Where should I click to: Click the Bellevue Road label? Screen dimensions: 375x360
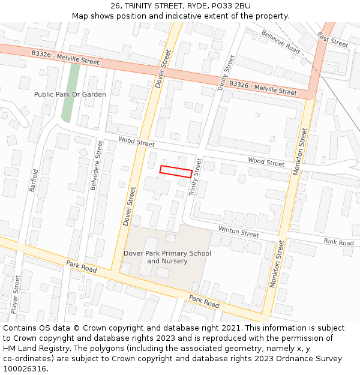point(280,42)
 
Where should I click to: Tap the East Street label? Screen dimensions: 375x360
point(333,40)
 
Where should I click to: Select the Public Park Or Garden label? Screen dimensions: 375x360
point(70,94)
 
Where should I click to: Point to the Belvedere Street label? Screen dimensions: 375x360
point(97,165)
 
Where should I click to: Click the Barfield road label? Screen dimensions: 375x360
point(34,180)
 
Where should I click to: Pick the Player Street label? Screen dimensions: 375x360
point(16,295)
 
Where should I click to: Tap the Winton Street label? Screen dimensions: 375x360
point(238,232)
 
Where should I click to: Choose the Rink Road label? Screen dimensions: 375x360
point(338,242)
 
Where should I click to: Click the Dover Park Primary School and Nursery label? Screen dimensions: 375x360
point(167,257)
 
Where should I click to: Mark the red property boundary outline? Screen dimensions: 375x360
point(176,171)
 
